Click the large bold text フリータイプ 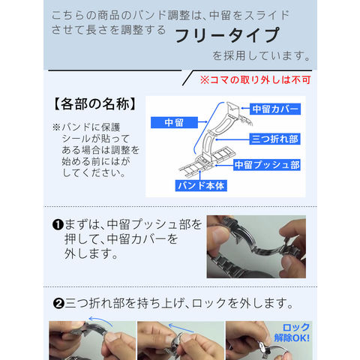227,35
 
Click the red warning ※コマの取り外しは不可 255,80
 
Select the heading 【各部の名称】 95,104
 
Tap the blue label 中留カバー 275,109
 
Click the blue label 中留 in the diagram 174,122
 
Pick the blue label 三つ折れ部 274,139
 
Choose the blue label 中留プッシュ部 267,165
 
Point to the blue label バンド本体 201,185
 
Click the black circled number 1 58,224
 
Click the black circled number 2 58,304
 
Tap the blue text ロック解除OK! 292,332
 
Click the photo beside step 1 256,247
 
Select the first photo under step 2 92,340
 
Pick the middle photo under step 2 181,340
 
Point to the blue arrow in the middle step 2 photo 181,328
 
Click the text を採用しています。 261,55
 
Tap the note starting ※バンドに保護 95,150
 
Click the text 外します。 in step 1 91,253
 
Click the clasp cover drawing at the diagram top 233,109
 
